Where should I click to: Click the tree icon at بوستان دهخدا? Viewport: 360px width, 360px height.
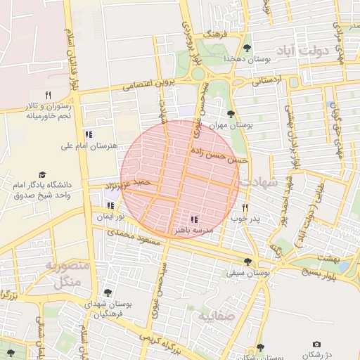click(247, 48)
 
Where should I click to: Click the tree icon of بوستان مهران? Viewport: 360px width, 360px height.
click(231, 113)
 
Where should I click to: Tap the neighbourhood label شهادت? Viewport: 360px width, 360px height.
click(260, 181)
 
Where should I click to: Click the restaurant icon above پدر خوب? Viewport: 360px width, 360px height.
click(245, 207)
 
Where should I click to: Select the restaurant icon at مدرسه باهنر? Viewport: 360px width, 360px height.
click(194, 219)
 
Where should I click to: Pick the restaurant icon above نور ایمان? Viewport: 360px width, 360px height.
click(110, 205)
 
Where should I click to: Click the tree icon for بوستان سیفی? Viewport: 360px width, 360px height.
click(247, 262)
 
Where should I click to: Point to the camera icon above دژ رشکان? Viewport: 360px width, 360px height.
click(316, 344)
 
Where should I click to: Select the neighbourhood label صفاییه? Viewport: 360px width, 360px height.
click(213, 316)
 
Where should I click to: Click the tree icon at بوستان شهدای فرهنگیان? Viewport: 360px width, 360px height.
click(107, 292)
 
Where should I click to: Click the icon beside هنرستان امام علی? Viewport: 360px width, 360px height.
click(88, 134)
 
